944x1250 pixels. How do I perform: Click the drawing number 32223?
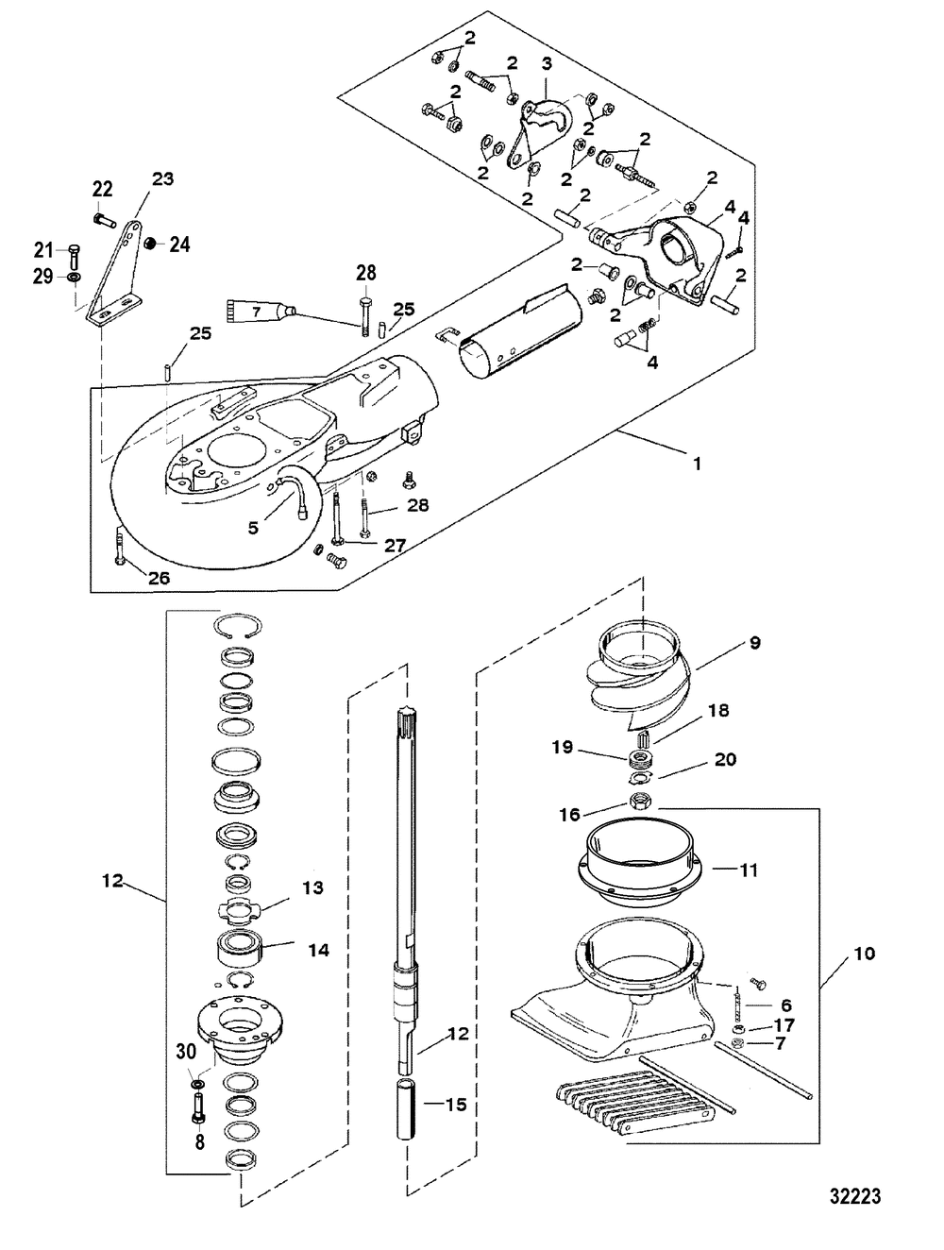click(853, 1196)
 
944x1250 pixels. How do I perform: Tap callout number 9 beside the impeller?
click(753, 643)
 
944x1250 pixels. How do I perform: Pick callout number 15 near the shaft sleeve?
click(455, 1104)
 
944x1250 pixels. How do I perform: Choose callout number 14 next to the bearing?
click(319, 950)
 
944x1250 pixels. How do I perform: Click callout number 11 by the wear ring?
click(749, 870)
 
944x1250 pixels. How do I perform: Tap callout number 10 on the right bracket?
click(864, 954)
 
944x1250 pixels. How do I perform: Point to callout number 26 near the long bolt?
click(159, 578)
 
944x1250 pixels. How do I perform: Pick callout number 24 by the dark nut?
click(178, 245)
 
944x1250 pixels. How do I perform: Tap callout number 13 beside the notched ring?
click(312, 887)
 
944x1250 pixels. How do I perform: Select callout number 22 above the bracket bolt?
click(102, 190)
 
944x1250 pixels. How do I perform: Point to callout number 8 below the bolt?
click(198, 1140)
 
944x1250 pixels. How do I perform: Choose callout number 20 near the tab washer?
click(725, 759)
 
